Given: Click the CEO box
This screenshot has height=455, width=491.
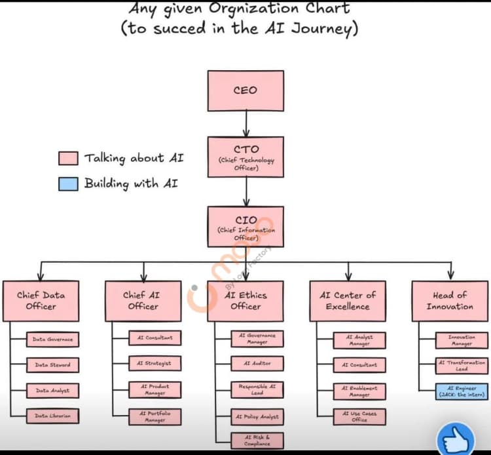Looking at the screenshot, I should tap(245, 90).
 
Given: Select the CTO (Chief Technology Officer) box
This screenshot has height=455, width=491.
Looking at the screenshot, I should tap(245, 157).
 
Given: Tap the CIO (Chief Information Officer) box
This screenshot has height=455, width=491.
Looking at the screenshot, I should tap(245, 227).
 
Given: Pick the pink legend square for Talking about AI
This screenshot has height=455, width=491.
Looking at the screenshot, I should tap(68, 159).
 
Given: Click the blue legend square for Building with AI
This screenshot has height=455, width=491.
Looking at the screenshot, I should tap(68, 184).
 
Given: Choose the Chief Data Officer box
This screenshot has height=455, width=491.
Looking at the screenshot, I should tap(41, 301).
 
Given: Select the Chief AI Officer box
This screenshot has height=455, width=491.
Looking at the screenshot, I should tap(143, 301).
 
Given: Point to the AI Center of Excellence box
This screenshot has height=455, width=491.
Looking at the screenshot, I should tap(348, 301).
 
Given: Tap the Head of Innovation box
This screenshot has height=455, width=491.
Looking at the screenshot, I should tap(450, 301).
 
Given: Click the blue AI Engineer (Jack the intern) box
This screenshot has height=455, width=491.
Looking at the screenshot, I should tap(462, 391).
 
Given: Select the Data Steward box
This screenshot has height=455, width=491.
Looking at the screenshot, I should tap(52, 365).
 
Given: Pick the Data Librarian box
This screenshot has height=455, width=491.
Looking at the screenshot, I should tap(52, 416).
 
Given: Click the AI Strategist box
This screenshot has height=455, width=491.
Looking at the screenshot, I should tap(155, 363).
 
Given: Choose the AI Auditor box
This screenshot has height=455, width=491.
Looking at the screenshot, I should tap(257, 363).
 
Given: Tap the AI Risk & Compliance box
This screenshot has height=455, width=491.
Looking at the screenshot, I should tap(257, 440).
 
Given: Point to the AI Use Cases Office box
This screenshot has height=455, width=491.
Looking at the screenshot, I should tap(359, 416).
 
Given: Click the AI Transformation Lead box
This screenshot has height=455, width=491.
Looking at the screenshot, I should tap(462, 365).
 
